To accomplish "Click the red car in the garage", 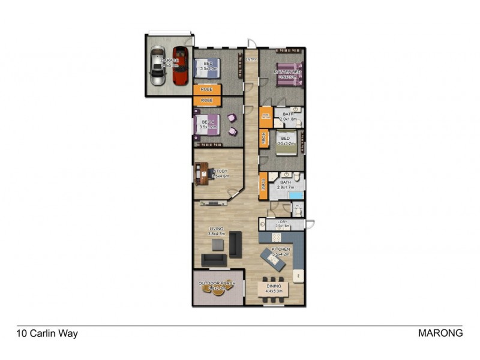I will [x=181, y=65].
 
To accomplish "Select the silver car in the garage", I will [x=157, y=67].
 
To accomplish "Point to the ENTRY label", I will [x=251, y=59].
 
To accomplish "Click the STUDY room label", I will [x=219, y=170].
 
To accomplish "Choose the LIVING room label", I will [x=216, y=229].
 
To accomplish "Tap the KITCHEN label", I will [x=281, y=248].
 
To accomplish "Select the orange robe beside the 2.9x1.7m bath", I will [x=263, y=186].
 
